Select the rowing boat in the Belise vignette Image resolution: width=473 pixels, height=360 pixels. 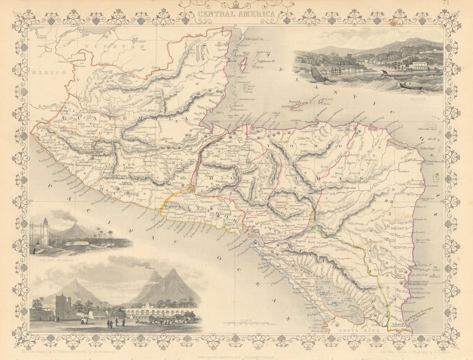[410, 86]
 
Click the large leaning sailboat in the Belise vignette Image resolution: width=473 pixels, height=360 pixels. [319, 75]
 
